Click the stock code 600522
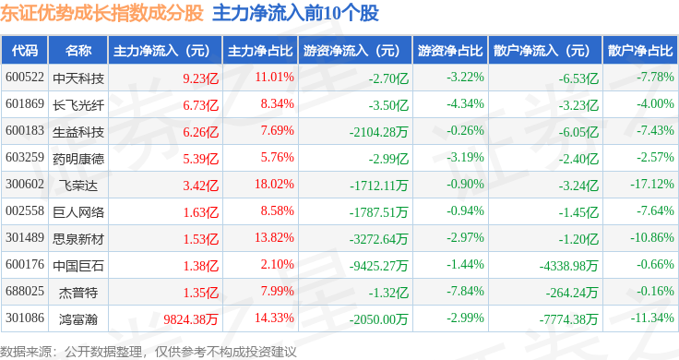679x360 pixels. coord(25,78)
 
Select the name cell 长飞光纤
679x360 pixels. coord(78,105)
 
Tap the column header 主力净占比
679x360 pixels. coord(260,51)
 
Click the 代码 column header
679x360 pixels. coord(25,51)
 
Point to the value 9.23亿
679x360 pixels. coord(200,78)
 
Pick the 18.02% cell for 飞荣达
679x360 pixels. coord(274,184)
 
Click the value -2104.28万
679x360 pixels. coord(378,132)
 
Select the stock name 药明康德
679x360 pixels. coord(78,159)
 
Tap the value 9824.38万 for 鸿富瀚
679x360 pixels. coord(191,319)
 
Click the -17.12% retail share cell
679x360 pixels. coord(651,184)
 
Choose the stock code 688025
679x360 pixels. coord(25,291)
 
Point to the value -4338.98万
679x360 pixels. coord(568,266)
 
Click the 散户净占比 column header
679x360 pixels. coord(640,51)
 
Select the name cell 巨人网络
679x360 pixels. coord(78,212)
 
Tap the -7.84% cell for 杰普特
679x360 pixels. coord(465,291)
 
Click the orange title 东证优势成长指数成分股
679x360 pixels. coord(101,13)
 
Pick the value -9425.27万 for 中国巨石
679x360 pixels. coord(378,266)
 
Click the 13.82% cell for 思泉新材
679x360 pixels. coord(274,238)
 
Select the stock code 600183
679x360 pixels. coord(25,130)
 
